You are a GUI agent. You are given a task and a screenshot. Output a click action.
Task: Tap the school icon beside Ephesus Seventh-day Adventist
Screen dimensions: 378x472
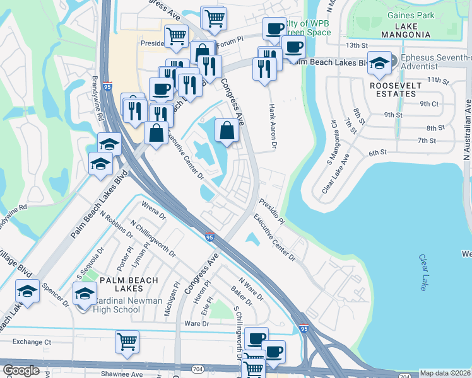point(379,63)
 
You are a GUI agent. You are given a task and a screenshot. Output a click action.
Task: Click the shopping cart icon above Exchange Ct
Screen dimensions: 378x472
point(127,341)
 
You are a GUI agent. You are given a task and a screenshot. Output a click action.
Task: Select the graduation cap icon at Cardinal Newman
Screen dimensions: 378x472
point(85,294)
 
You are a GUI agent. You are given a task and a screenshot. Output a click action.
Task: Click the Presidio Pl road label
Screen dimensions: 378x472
point(271,212)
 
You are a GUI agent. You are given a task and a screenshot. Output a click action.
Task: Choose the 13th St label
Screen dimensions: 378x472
point(357,45)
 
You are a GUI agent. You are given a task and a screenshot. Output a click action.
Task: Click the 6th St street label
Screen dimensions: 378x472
point(377,152)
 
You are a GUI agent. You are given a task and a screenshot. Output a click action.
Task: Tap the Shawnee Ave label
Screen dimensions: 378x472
point(123,374)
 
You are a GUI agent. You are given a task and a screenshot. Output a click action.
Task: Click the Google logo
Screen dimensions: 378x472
point(21,370)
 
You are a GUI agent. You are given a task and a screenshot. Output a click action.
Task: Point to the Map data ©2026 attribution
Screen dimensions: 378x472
point(445,373)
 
